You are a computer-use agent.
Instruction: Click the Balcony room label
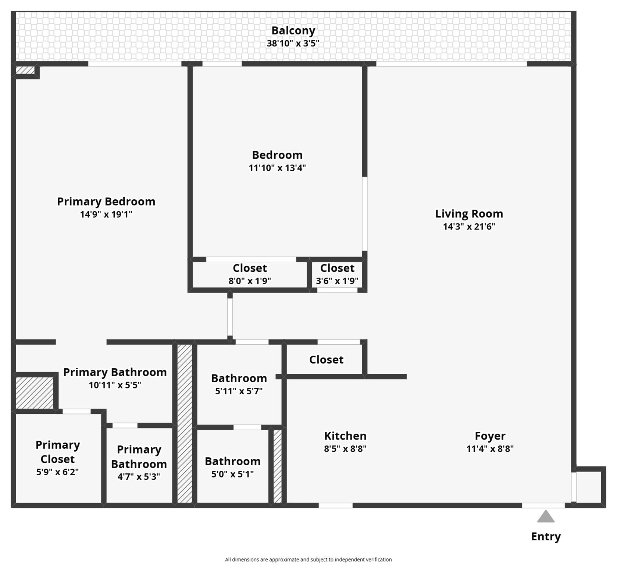(293, 31)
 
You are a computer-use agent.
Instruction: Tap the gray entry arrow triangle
(546, 517)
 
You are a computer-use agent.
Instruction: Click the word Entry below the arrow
(546, 536)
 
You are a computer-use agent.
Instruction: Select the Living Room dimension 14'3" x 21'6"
(469, 226)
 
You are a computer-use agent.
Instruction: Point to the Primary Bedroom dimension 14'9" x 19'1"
(106, 214)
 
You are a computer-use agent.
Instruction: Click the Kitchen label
(345, 436)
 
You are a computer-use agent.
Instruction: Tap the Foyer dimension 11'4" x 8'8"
(490, 448)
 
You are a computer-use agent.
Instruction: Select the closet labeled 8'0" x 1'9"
(250, 274)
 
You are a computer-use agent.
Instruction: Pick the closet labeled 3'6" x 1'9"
(337, 274)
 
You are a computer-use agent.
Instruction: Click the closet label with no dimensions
(326, 359)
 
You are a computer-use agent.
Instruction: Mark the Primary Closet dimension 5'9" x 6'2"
(57, 472)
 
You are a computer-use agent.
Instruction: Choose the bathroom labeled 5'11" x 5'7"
(239, 384)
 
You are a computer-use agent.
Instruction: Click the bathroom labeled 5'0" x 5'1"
(232, 468)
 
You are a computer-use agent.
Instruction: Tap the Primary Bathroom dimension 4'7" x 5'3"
(139, 477)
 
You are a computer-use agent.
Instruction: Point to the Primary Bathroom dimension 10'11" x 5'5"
(115, 385)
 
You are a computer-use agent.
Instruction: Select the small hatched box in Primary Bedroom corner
(25, 70)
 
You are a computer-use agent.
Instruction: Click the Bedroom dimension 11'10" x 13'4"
(277, 168)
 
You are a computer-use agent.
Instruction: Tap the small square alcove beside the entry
(588, 487)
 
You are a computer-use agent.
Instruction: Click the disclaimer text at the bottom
(308, 559)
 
